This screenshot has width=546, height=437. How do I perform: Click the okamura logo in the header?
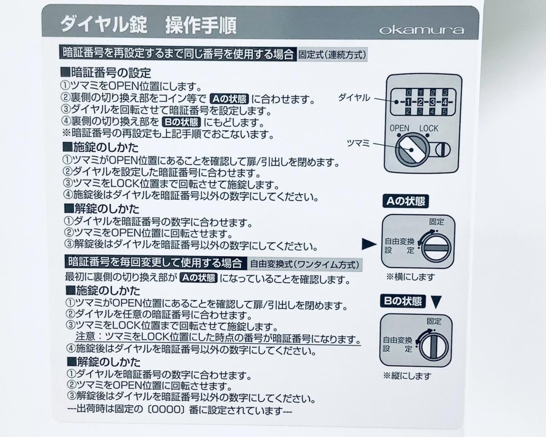pyautogui.click(x=421, y=30)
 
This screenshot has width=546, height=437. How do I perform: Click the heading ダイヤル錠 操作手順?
pyautogui.click(x=148, y=25)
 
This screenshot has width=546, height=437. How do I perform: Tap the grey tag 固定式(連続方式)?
pyautogui.click(x=332, y=55)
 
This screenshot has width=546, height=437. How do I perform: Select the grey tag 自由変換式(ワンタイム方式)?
pyautogui.click(x=305, y=264)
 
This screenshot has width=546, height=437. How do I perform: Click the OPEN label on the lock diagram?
pyautogui.click(x=399, y=128)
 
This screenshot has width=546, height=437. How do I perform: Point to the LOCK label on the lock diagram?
pyautogui.click(x=429, y=128)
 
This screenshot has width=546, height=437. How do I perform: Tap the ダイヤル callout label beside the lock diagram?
pyautogui.click(x=354, y=97)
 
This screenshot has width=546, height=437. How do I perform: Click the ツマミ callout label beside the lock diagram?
pyautogui.click(x=358, y=144)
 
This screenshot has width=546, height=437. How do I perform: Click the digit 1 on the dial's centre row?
pyautogui.click(x=408, y=102)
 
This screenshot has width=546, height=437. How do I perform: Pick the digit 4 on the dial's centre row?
pyautogui.click(x=445, y=102)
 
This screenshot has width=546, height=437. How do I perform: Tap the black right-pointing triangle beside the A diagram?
pyautogui.click(x=369, y=244)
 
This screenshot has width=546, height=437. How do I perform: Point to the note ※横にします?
pyautogui.click(x=410, y=277)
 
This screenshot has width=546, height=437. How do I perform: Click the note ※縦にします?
pyautogui.click(x=407, y=376)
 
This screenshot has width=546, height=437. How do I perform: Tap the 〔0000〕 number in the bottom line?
pyautogui.click(x=166, y=410)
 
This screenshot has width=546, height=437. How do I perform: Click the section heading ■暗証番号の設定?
pyautogui.click(x=106, y=73)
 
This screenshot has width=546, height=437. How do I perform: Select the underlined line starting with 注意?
pyautogui.click(x=218, y=338)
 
